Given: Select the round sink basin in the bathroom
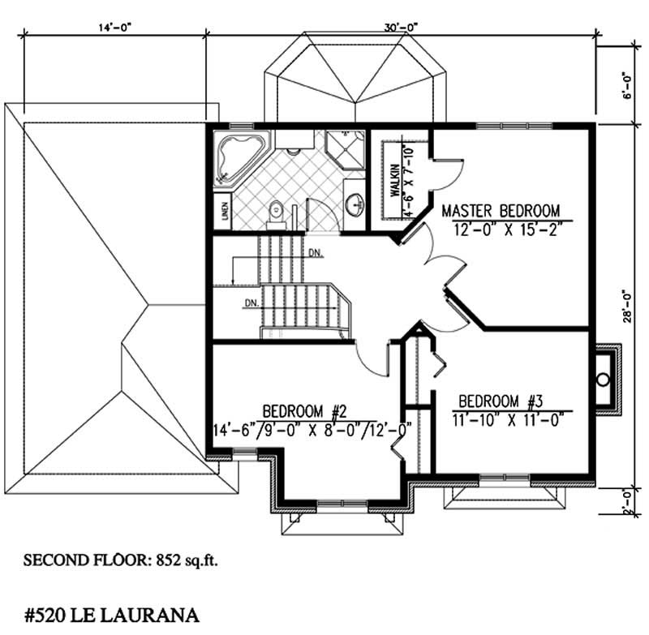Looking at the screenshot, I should [x=354, y=204].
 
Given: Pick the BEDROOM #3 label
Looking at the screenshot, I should [x=500, y=401].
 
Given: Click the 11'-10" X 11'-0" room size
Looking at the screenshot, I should [x=507, y=420].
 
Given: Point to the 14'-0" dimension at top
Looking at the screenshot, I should [x=115, y=27].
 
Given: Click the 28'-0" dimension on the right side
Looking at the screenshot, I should [x=626, y=306].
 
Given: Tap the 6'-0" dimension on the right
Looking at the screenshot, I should [x=626, y=85].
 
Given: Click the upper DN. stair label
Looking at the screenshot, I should [x=316, y=253].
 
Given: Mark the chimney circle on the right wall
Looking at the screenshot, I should [x=603, y=378].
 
